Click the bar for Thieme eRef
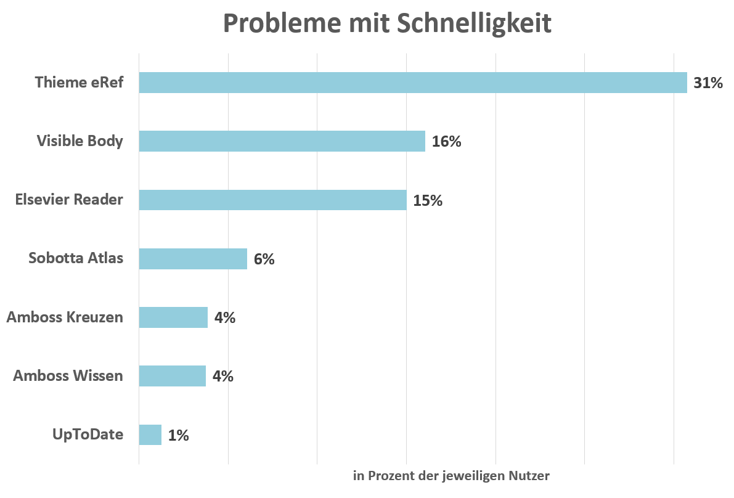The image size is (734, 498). (x=412, y=83)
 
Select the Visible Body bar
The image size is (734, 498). (x=282, y=141)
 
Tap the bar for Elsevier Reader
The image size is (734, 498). (x=272, y=200)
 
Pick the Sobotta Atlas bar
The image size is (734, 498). (x=193, y=259)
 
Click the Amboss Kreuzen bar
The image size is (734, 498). (x=173, y=317)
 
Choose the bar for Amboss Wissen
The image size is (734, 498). (x=172, y=376)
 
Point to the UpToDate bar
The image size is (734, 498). (x=150, y=435)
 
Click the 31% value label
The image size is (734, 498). (x=707, y=83)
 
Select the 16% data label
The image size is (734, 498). (x=446, y=142)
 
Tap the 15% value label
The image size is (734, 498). (x=428, y=200)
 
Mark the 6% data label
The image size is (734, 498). (x=264, y=259)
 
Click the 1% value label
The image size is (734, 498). (x=178, y=435)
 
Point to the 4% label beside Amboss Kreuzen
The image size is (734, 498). (x=225, y=318)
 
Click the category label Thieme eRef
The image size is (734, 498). (x=79, y=83)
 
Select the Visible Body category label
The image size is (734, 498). (x=80, y=141)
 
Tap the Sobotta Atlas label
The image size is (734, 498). (x=76, y=258)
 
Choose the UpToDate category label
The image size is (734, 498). (x=88, y=435)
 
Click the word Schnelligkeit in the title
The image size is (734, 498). (x=474, y=23)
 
